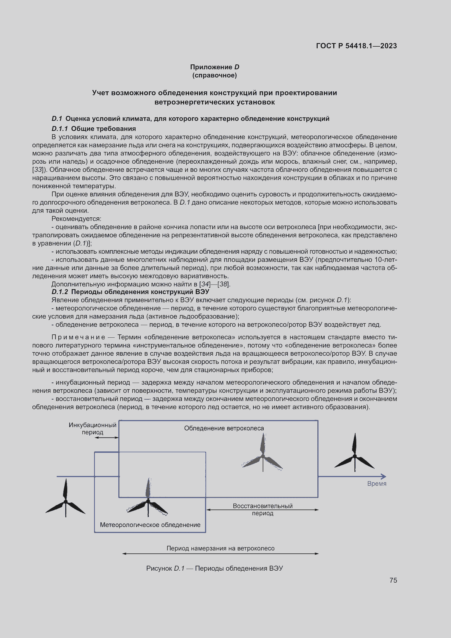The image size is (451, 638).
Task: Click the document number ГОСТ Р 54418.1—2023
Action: [x=356, y=46]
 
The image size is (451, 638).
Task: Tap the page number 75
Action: [x=393, y=580]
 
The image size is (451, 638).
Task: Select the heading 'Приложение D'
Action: [x=214, y=67]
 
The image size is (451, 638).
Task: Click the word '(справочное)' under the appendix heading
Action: [x=214, y=75]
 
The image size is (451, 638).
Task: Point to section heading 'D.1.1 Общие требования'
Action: [x=94, y=129]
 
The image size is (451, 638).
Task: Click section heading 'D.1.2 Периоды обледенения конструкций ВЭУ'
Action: [x=130, y=292]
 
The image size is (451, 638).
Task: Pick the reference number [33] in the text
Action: [x=37, y=169]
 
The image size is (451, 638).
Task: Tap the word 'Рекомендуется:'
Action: [x=76, y=219]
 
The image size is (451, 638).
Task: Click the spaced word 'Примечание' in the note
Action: [x=78, y=337]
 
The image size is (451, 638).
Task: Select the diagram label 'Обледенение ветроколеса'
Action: [x=224, y=428]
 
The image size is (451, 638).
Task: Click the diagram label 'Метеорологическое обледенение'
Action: [x=150, y=525]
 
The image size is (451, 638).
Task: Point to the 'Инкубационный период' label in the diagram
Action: [x=92, y=429]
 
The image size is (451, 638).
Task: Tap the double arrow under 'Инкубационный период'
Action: [x=107, y=438]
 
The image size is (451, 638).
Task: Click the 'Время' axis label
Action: [x=377, y=484]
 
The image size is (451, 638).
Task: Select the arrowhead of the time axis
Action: [x=384, y=477]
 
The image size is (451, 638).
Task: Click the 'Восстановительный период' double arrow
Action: [x=262, y=510]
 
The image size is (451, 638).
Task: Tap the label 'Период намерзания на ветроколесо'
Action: [x=220, y=548]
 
